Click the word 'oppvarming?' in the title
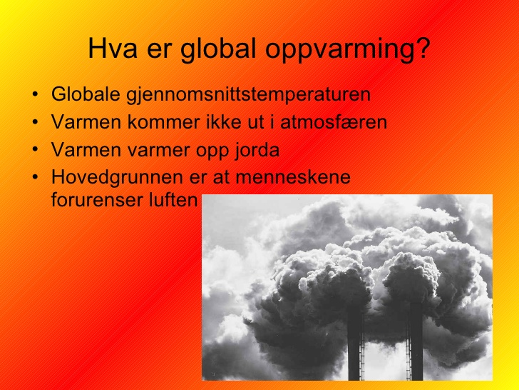coord(347,49)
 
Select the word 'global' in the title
coord(218,49)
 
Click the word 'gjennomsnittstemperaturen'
coord(249,94)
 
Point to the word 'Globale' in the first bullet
coord(86,94)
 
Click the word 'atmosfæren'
coord(334,121)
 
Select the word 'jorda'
coord(257,151)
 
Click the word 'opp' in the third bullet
coord(212,151)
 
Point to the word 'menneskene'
coord(293,176)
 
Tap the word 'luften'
coord(173,200)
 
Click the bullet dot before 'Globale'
coord(35,94)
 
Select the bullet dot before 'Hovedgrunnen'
coord(35,177)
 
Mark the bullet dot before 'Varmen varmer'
coord(35,150)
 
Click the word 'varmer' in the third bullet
coord(158,150)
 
